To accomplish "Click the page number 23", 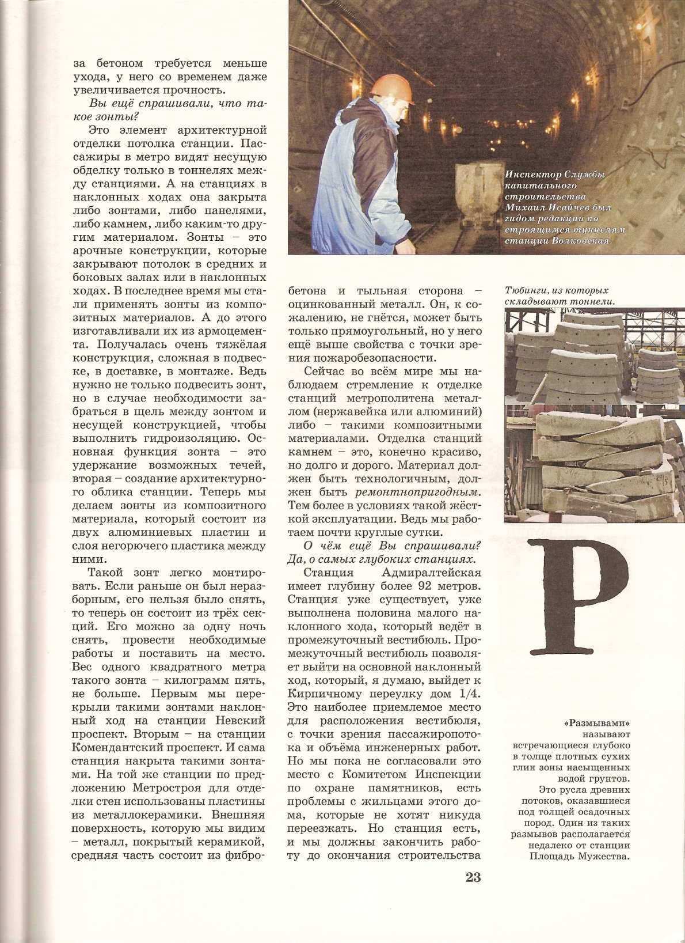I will [x=473, y=877].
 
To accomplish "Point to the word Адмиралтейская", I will [x=431, y=573].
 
